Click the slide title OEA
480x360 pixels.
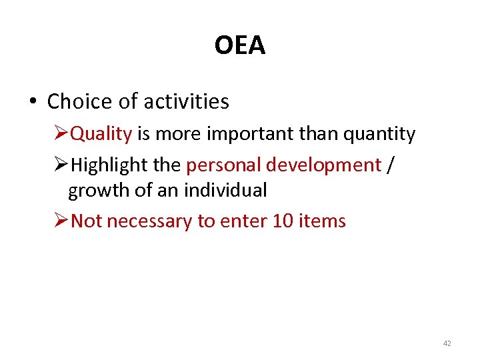[240, 45]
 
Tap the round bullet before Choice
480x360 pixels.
[32, 102]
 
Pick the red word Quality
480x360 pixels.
[101, 134]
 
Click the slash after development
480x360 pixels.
[390, 165]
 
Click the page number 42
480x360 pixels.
[447, 343]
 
